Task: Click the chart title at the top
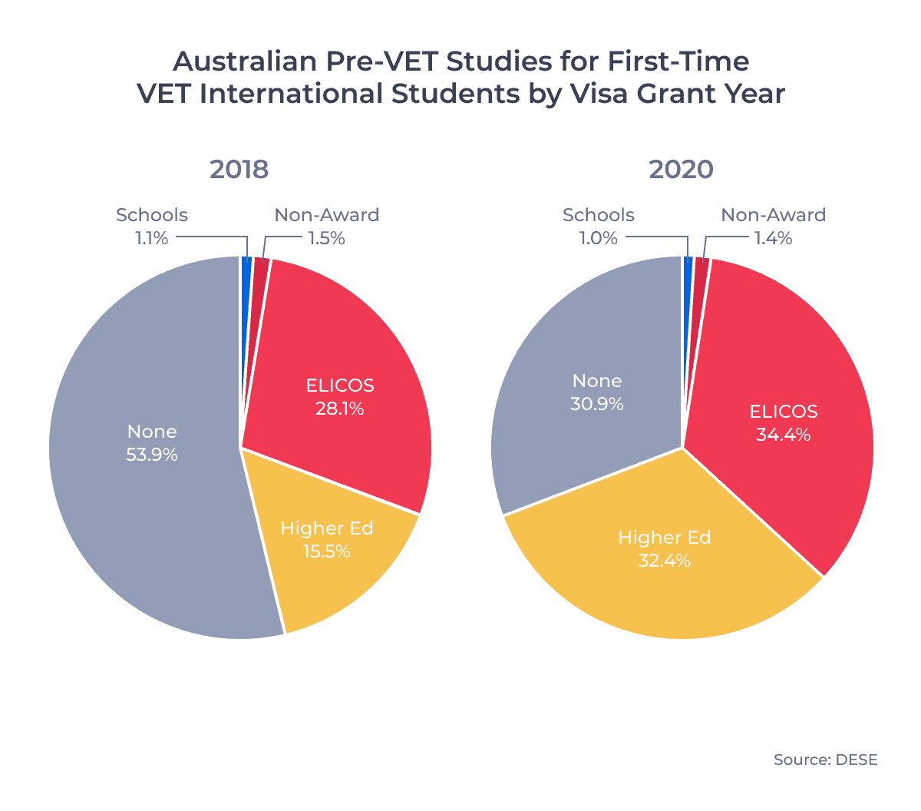(x=460, y=77)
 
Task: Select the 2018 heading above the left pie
(x=239, y=169)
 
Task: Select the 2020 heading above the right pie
(x=682, y=169)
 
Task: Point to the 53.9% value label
(x=152, y=455)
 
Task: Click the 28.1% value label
(x=340, y=409)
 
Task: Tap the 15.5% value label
(x=327, y=551)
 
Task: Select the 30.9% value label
(x=597, y=404)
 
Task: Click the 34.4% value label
(x=784, y=435)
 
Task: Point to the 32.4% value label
(x=665, y=561)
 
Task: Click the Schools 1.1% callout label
(x=152, y=227)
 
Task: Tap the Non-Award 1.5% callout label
(x=327, y=227)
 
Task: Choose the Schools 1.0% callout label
(x=599, y=227)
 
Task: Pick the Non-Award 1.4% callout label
(x=774, y=227)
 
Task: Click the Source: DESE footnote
(x=825, y=760)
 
